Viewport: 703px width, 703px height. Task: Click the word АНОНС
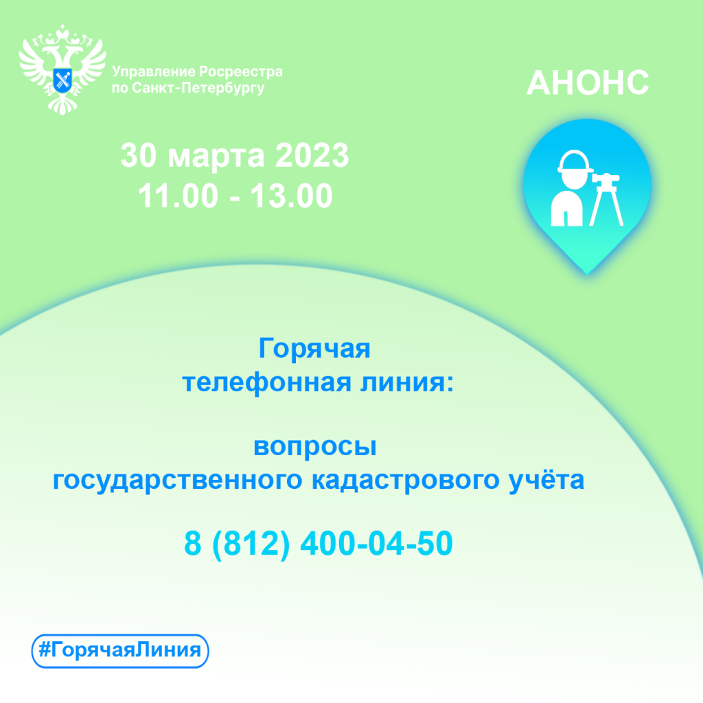pyautogui.click(x=588, y=82)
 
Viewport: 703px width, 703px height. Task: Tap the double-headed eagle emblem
pyautogui.click(x=62, y=69)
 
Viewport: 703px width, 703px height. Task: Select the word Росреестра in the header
pyautogui.click(x=240, y=71)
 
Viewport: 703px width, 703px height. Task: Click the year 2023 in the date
pyautogui.click(x=312, y=156)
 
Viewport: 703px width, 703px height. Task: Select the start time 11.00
pyautogui.click(x=178, y=196)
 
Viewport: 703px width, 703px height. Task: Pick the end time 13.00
pyautogui.click(x=291, y=196)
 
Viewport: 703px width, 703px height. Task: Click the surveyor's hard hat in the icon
pyautogui.click(x=575, y=162)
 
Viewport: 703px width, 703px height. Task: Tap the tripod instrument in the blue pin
pyautogui.click(x=606, y=199)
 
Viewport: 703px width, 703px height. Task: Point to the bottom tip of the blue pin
pyautogui.click(x=588, y=273)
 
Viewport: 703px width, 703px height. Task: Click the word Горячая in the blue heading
pyautogui.click(x=314, y=348)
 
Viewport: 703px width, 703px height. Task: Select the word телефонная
pyautogui.click(x=266, y=384)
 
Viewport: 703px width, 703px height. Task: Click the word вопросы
pyautogui.click(x=314, y=447)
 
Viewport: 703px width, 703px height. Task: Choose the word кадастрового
pyautogui.click(x=405, y=480)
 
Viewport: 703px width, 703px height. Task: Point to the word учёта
pyautogui.click(x=546, y=479)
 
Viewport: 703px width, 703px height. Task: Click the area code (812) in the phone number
pyautogui.click(x=251, y=544)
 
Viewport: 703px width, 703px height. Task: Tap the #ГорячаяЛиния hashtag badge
pyautogui.click(x=120, y=651)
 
